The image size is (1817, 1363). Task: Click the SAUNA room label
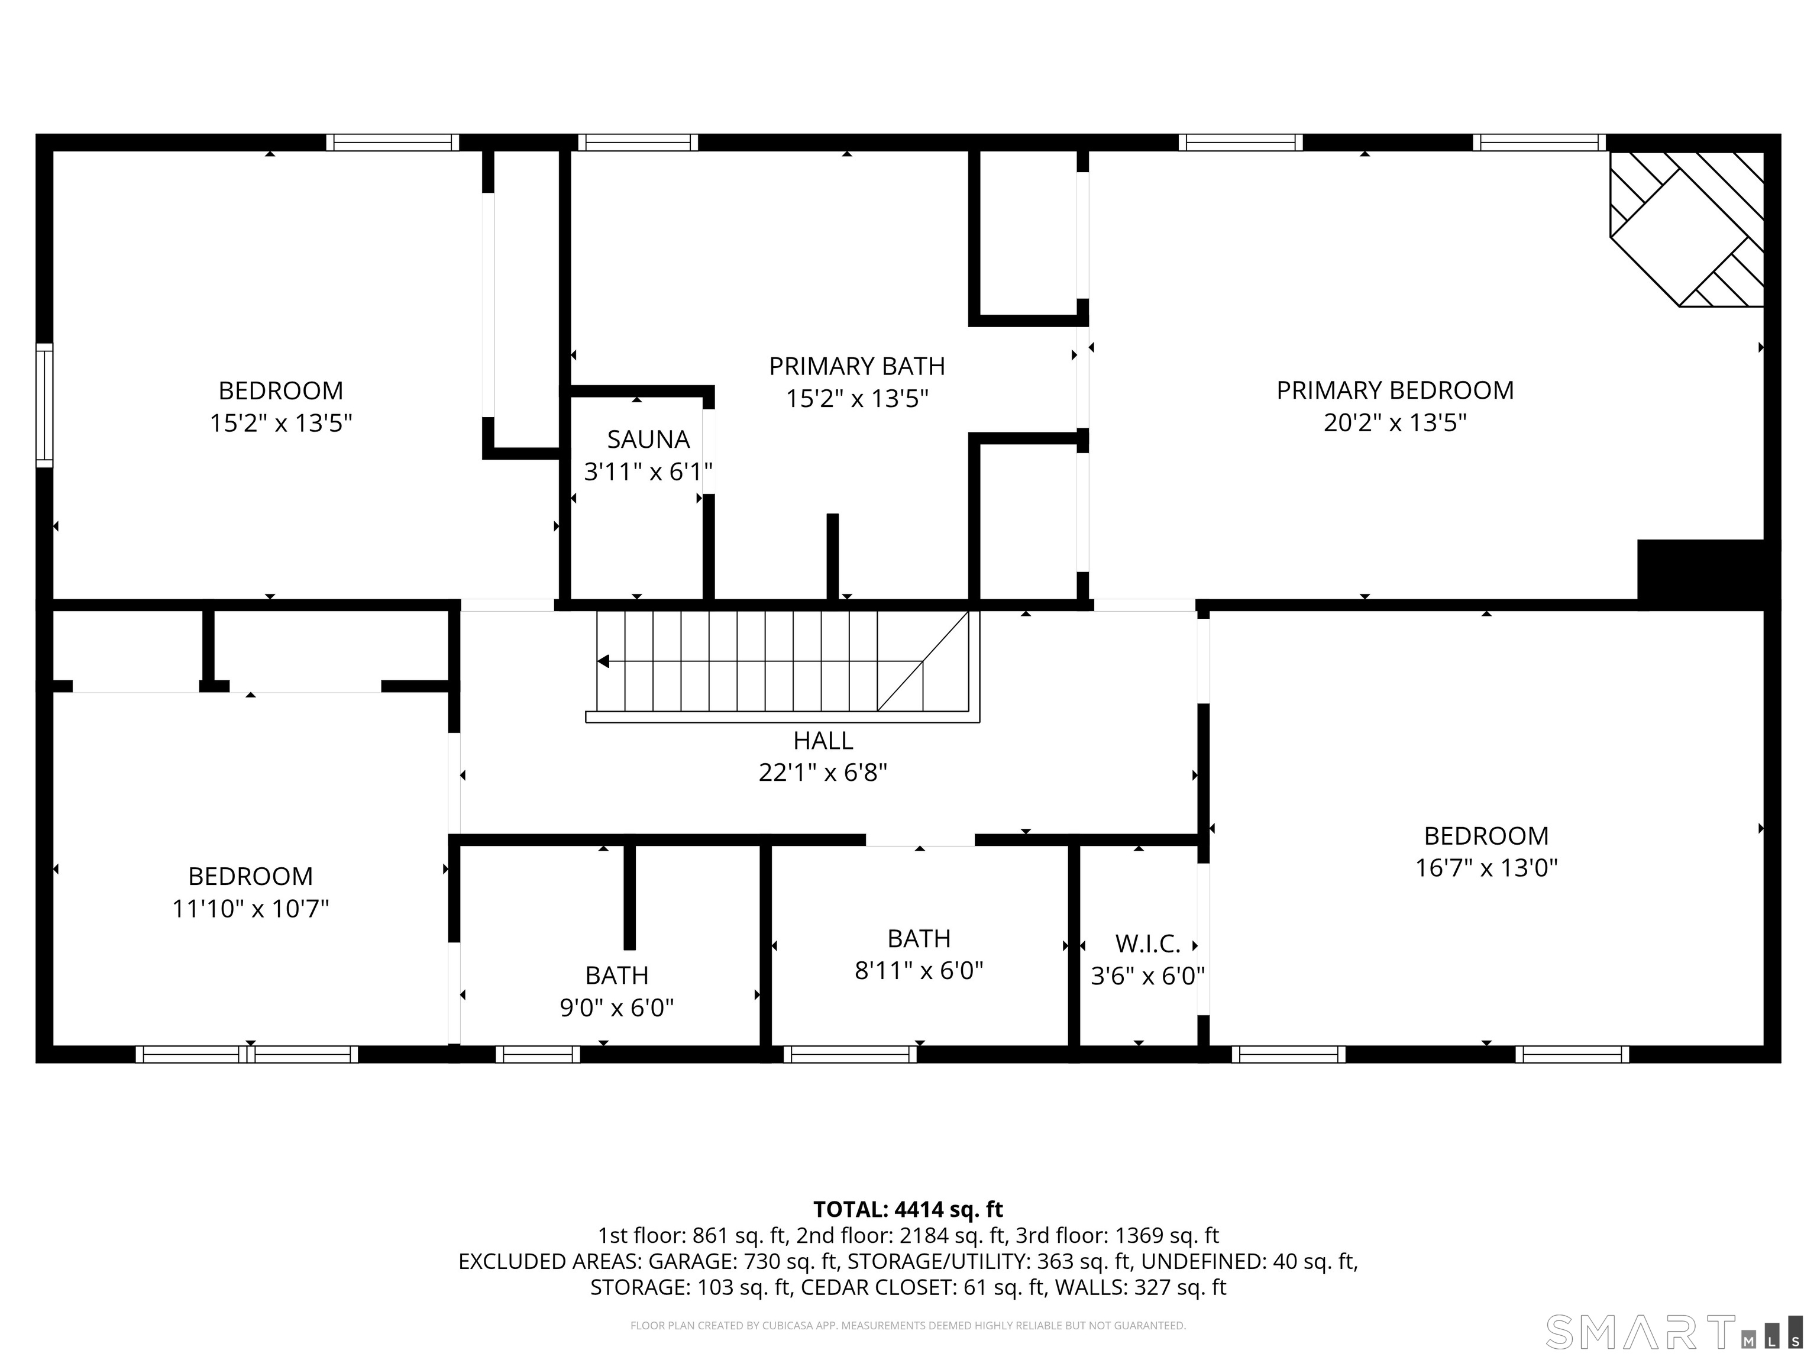[x=648, y=440]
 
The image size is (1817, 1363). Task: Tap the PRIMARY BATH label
[x=857, y=366]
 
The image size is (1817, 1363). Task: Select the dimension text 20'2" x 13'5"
[x=1395, y=423]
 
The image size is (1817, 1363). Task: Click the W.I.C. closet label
[x=1147, y=944]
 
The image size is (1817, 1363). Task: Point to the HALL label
[x=823, y=741]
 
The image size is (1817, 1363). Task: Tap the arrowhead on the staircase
[x=604, y=661]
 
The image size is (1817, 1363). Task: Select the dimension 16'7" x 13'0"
[x=1486, y=868]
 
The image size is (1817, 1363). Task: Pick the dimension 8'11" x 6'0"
[x=919, y=971]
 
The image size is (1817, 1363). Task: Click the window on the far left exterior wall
[x=44, y=405]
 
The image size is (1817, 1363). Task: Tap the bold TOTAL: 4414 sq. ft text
[x=908, y=1209]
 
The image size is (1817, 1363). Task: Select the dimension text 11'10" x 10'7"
[x=251, y=909]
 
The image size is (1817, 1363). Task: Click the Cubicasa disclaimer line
[x=908, y=1325]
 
